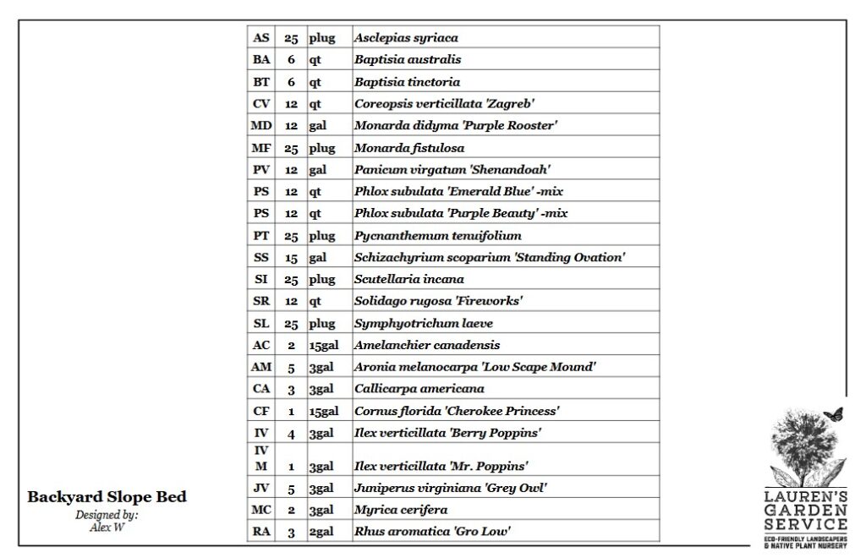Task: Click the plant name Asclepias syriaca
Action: (x=406, y=38)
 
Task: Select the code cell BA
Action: (x=261, y=60)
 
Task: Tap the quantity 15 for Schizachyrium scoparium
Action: (x=291, y=258)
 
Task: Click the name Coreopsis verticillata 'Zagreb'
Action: (x=444, y=104)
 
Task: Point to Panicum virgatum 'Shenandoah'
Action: (x=452, y=170)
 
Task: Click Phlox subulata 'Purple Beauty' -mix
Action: (x=461, y=214)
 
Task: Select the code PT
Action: (x=261, y=236)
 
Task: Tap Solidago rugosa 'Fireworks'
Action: (x=438, y=301)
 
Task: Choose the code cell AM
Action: (x=261, y=367)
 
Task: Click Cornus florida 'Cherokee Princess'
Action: (x=457, y=411)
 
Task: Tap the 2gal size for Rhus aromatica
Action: (x=320, y=532)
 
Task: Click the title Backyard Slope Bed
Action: (x=107, y=497)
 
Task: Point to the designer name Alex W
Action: (x=107, y=526)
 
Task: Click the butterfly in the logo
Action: (x=833, y=414)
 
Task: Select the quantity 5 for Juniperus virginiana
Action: (x=291, y=488)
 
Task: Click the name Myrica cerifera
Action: (x=401, y=510)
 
